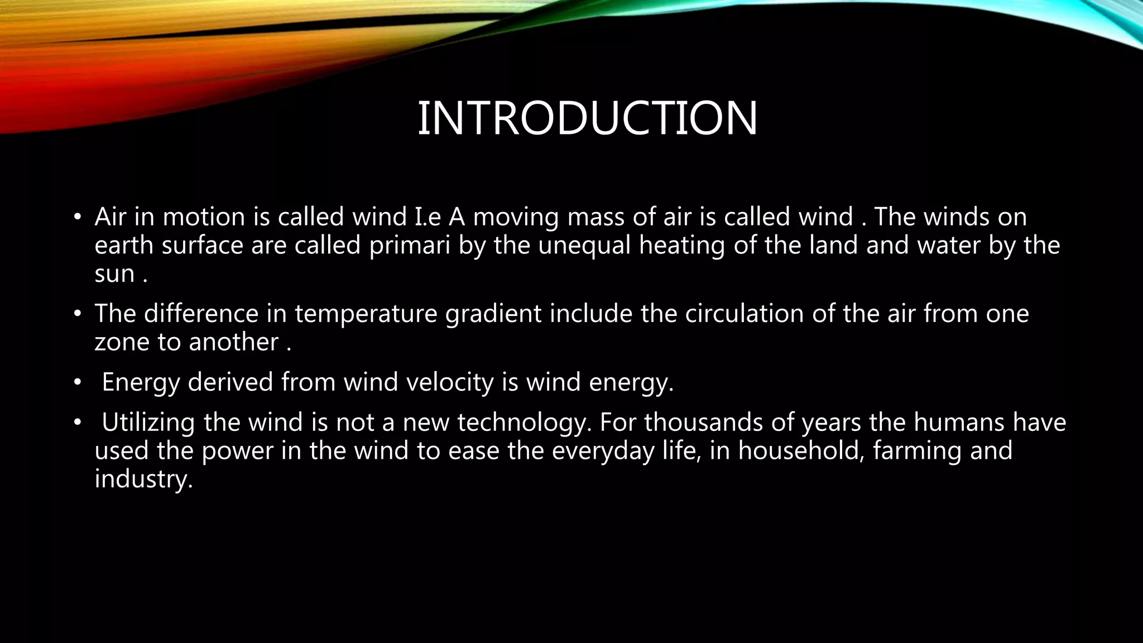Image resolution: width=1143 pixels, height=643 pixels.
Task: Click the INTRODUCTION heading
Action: pos(587,118)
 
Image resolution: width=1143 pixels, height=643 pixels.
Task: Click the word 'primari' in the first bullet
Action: pos(410,246)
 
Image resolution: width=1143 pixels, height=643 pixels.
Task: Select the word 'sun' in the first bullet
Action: pos(114,275)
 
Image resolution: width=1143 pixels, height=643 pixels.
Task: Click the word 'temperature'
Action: pos(366,314)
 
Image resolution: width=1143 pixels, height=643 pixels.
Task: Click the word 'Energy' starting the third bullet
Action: pos(141,382)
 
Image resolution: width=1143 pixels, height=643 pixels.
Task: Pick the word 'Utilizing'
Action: pos(148,423)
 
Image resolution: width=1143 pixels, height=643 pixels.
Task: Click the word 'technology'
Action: pos(524,423)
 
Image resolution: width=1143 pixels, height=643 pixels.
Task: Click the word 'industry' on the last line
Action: pos(143,479)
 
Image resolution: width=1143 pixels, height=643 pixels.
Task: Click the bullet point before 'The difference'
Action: pos(78,314)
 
